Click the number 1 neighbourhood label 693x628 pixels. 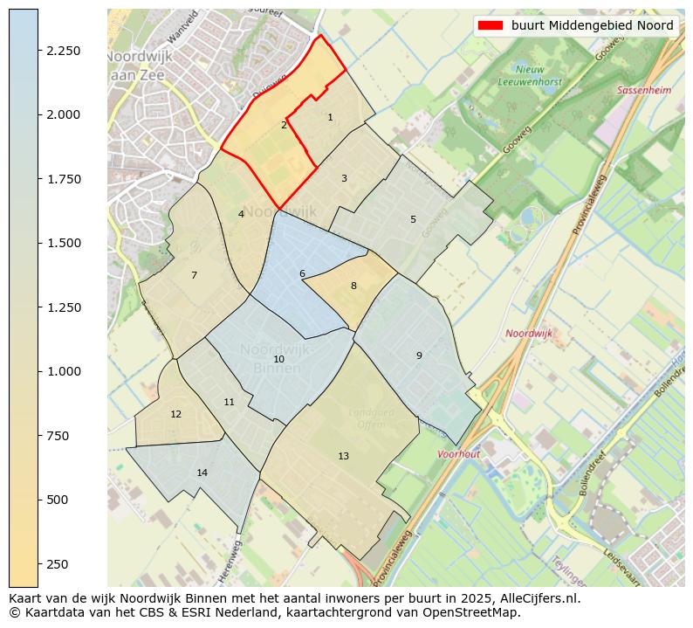[330, 117]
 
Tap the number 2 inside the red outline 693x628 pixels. [284, 126]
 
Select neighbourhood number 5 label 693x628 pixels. [413, 219]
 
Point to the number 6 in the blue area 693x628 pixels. [302, 274]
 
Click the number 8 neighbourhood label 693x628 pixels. [353, 286]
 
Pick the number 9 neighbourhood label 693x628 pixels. [419, 355]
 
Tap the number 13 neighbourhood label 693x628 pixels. [343, 456]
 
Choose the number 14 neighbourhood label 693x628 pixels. [202, 473]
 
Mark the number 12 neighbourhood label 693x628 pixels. [176, 414]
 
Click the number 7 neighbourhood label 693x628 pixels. [194, 276]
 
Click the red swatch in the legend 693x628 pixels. [491, 25]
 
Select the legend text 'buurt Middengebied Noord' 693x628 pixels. [593, 25]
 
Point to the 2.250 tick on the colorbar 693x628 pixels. [63, 51]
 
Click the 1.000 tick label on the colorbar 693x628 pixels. [63, 371]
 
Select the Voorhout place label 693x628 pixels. [458, 454]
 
